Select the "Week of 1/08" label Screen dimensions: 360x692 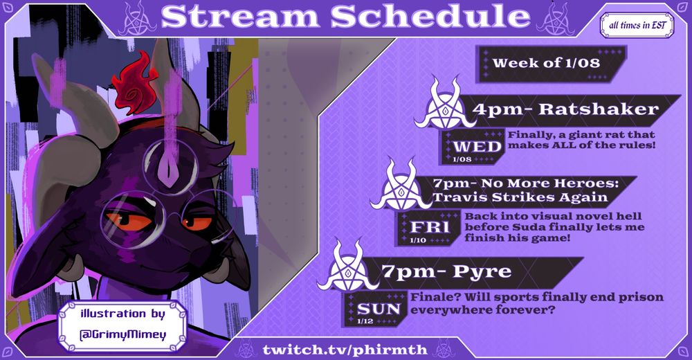click(x=546, y=63)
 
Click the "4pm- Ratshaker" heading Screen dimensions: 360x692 click(x=565, y=109)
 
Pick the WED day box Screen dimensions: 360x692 click(x=476, y=146)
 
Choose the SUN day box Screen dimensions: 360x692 click(x=379, y=309)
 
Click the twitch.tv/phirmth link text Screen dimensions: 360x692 click(x=344, y=345)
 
